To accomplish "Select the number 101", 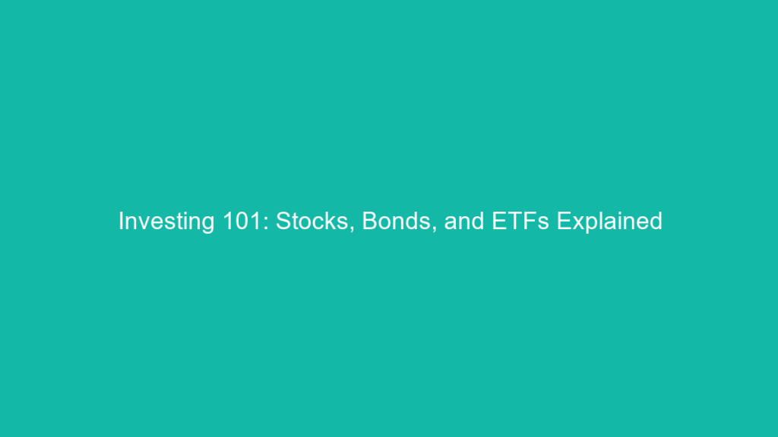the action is point(242,221).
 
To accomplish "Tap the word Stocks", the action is point(312,221).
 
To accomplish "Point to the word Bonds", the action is point(397,221).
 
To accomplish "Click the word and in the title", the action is point(464,221).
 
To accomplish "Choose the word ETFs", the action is point(520,221).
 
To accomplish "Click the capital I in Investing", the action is point(121,221).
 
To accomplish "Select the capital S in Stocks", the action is point(284,221).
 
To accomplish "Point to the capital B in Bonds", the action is point(370,221).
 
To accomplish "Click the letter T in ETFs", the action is point(515,221).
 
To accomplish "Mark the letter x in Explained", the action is point(578,224).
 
